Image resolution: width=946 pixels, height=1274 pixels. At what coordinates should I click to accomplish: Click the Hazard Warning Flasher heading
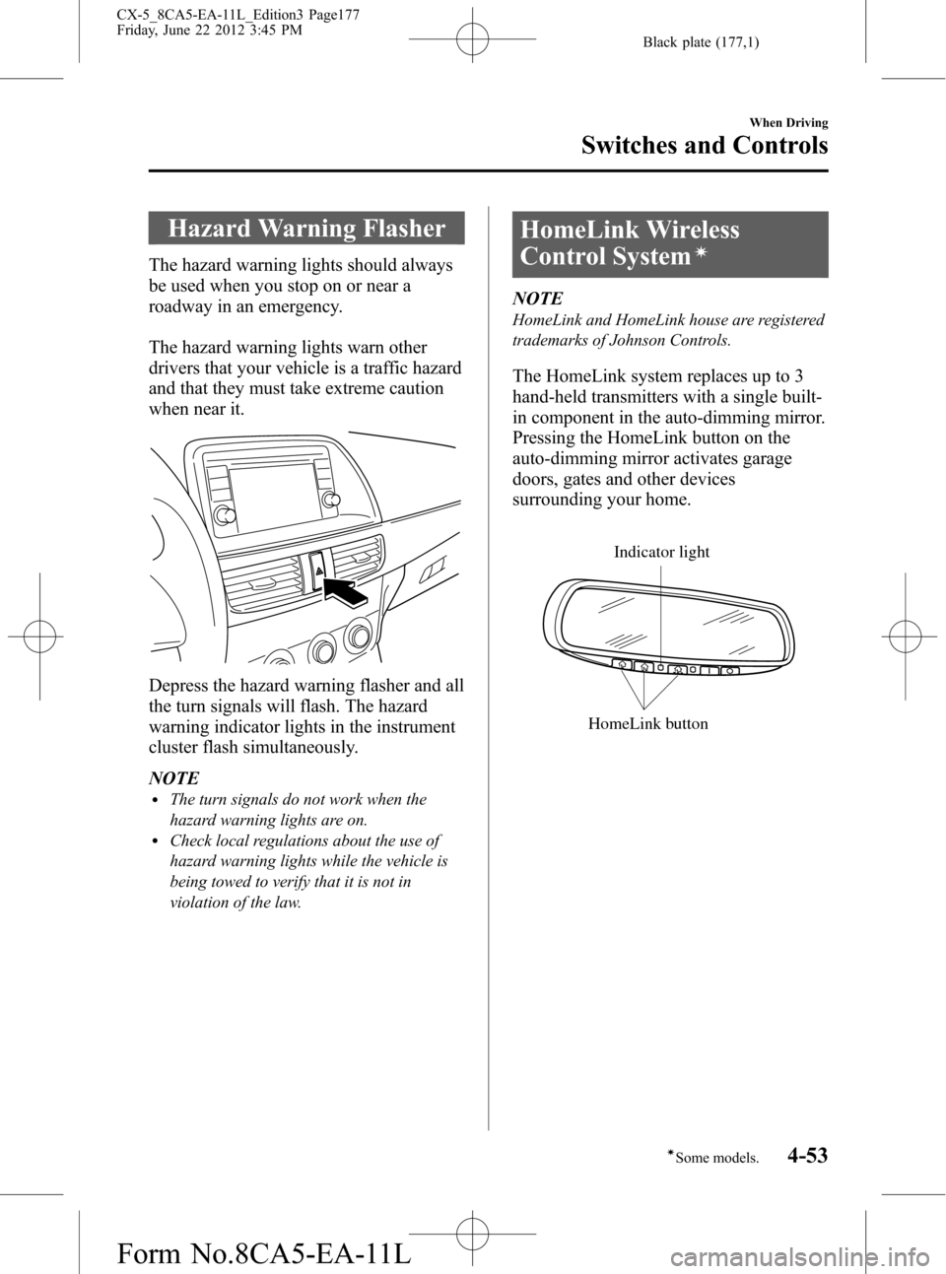pos(306,229)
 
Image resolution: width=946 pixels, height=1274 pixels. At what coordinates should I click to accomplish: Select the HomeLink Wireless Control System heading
pos(630,242)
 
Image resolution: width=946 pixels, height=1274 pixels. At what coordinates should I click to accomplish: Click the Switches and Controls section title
pos(704,145)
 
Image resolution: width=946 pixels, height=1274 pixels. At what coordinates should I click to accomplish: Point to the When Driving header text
pos(788,122)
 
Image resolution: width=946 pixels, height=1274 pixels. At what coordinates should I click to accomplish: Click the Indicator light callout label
pos(661,552)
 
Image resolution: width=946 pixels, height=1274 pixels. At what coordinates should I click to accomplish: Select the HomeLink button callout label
pos(647,723)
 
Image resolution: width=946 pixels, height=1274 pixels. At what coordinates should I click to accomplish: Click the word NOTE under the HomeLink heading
pos(538,297)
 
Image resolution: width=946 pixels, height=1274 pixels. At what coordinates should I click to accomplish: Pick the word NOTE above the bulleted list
pos(173,778)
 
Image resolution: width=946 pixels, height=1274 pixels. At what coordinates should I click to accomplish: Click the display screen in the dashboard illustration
pos(261,491)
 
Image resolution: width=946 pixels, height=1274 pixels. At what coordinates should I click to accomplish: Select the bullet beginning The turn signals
pos(298,809)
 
